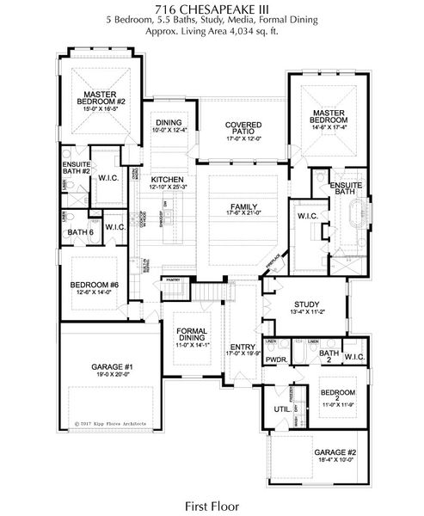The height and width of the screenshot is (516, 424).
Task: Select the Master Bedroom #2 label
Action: (x=106, y=97)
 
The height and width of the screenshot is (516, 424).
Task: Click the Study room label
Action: (x=306, y=304)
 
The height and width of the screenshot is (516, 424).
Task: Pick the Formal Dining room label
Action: (x=192, y=335)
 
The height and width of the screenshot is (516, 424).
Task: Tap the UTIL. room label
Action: (x=280, y=410)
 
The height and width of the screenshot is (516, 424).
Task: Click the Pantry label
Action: (x=173, y=279)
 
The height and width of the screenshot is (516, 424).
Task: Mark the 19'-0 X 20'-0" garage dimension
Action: (x=111, y=375)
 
